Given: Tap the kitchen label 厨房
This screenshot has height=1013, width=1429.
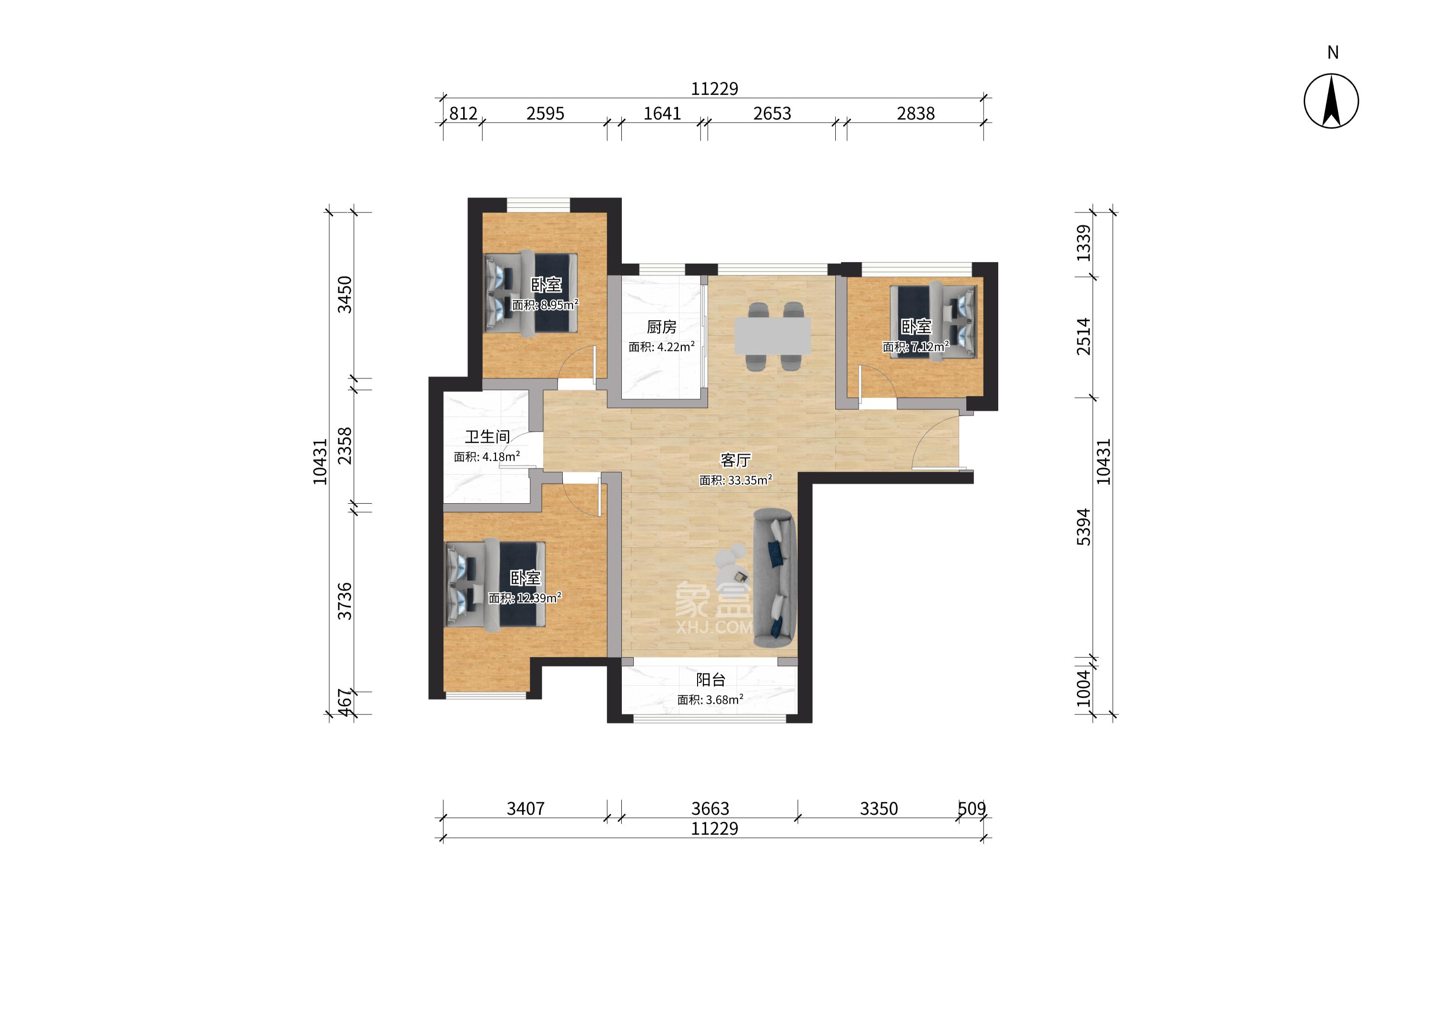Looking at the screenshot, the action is click(x=661, y=326).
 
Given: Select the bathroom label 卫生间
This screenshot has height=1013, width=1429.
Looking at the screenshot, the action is click(x=486, y=436).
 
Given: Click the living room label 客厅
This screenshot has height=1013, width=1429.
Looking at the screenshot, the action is click(x=735, y=460).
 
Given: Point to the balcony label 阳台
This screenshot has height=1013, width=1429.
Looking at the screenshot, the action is click(x=710, y=679).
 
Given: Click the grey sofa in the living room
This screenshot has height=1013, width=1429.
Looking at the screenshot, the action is click(x=774, y=577).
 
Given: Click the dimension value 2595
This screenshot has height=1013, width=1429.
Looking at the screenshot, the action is click(x=545, y=113).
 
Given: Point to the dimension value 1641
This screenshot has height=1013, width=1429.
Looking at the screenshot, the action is click(x=662, y=113).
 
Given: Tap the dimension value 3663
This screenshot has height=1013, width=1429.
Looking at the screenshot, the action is click(x=710, y=809).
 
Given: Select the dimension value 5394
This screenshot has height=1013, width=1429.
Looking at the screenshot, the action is click(x=1084, y=527).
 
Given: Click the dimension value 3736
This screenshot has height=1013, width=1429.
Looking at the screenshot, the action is click(x=345, y=601).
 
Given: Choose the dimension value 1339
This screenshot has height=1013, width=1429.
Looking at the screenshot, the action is click(x=1084, y=243).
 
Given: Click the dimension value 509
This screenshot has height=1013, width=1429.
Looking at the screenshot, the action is click(x=972, y=809).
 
